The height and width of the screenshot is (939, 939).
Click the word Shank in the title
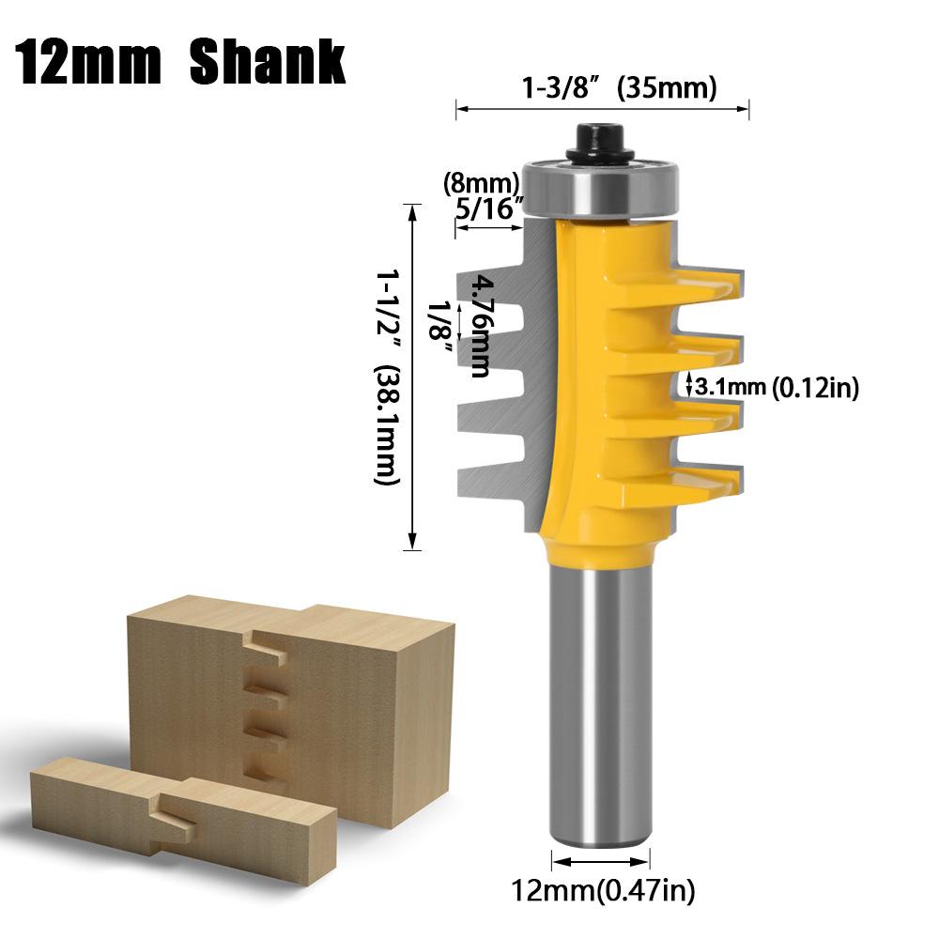click(x=268, y=63)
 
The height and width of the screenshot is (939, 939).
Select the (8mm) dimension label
click(x=481, y=181)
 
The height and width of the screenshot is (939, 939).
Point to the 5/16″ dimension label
click(x=487, y=208)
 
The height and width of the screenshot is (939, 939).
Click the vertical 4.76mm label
click(x=481, y=325)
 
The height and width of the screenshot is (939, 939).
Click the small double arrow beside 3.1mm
click(x=689, y=385)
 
